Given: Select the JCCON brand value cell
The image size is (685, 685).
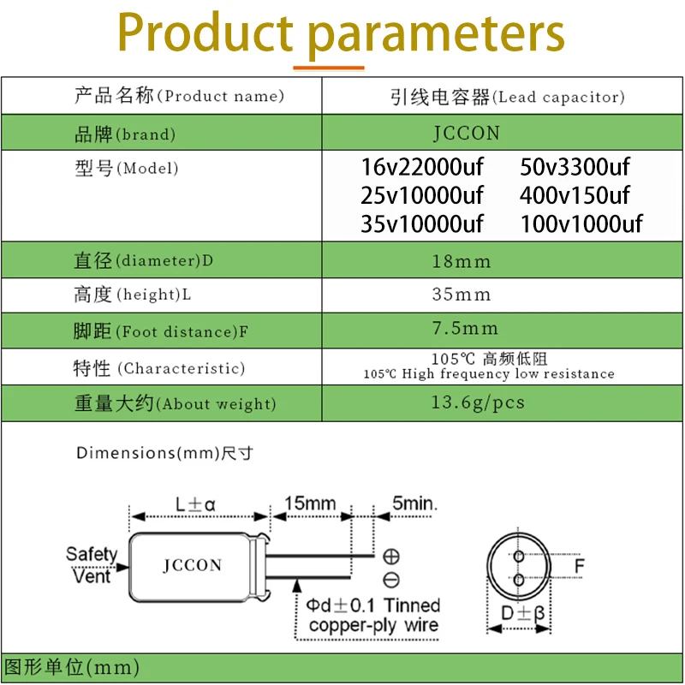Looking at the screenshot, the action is coord(466,134).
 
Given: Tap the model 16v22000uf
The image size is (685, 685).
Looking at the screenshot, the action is coord(422,167).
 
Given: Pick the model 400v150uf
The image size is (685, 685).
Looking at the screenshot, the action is coord(575,195).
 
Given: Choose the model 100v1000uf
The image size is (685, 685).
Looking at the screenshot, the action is coord(581,224).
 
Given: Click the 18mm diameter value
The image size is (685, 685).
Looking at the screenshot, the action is coord(462,261).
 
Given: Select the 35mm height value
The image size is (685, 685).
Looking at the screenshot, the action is coord(462,295).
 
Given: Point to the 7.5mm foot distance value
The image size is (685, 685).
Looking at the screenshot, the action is coord(465,328).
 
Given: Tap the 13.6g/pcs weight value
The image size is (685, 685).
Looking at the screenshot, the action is coord(478,402).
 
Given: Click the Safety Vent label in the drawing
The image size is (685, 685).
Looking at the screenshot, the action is coord(91,564).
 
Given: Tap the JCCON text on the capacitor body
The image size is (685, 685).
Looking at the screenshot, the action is coord(193,565).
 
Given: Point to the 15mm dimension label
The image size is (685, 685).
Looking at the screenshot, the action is coord(310,503).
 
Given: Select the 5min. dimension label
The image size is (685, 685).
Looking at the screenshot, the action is coord(414,503).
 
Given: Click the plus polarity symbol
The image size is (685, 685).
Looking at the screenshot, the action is coord(391,556).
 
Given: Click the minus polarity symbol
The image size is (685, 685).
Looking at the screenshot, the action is coord(391,579).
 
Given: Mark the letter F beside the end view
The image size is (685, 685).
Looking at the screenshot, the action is coord(579,567).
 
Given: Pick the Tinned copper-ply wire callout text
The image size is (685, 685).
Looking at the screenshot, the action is coord(374,616).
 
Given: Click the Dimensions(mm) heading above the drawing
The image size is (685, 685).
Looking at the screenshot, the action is coord(164,453).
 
